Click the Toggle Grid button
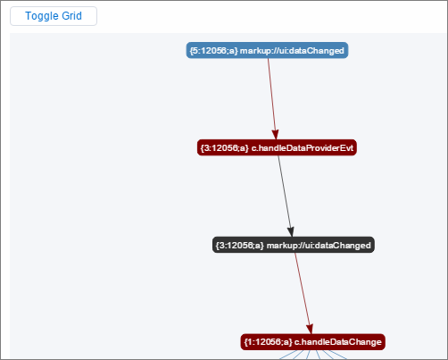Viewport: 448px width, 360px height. tap(54, 16)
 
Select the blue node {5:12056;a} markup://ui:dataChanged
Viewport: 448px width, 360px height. tap(267, 50)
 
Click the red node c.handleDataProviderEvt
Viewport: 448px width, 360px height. tap(277, 147)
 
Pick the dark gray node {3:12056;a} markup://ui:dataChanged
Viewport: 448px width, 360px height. tap(294, 245)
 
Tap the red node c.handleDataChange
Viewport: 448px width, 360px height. tap(313, 342)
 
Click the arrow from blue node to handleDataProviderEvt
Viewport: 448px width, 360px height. tap(272, 99)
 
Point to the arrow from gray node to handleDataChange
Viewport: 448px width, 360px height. tap(303, 293)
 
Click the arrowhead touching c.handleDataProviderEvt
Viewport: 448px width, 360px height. tap(276, 135)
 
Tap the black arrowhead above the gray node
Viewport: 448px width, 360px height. tap(291, 232)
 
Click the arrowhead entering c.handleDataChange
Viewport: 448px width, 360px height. tap(310, 329)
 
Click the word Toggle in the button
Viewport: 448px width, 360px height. tap(41, 16)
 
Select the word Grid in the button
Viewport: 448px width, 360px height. tap(71, 16)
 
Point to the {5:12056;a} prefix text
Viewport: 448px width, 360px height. tap(214, 51)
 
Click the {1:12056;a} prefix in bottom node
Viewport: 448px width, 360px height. tap(268, 342)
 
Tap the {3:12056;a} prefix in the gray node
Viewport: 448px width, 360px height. tap(240, 246)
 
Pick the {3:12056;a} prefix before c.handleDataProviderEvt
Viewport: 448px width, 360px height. tap(225, 148)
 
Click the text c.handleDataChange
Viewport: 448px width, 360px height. tap(338, 342)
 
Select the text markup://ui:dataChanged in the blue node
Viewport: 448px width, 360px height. tap(292, 51)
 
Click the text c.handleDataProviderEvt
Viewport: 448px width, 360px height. tap(303, 148)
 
